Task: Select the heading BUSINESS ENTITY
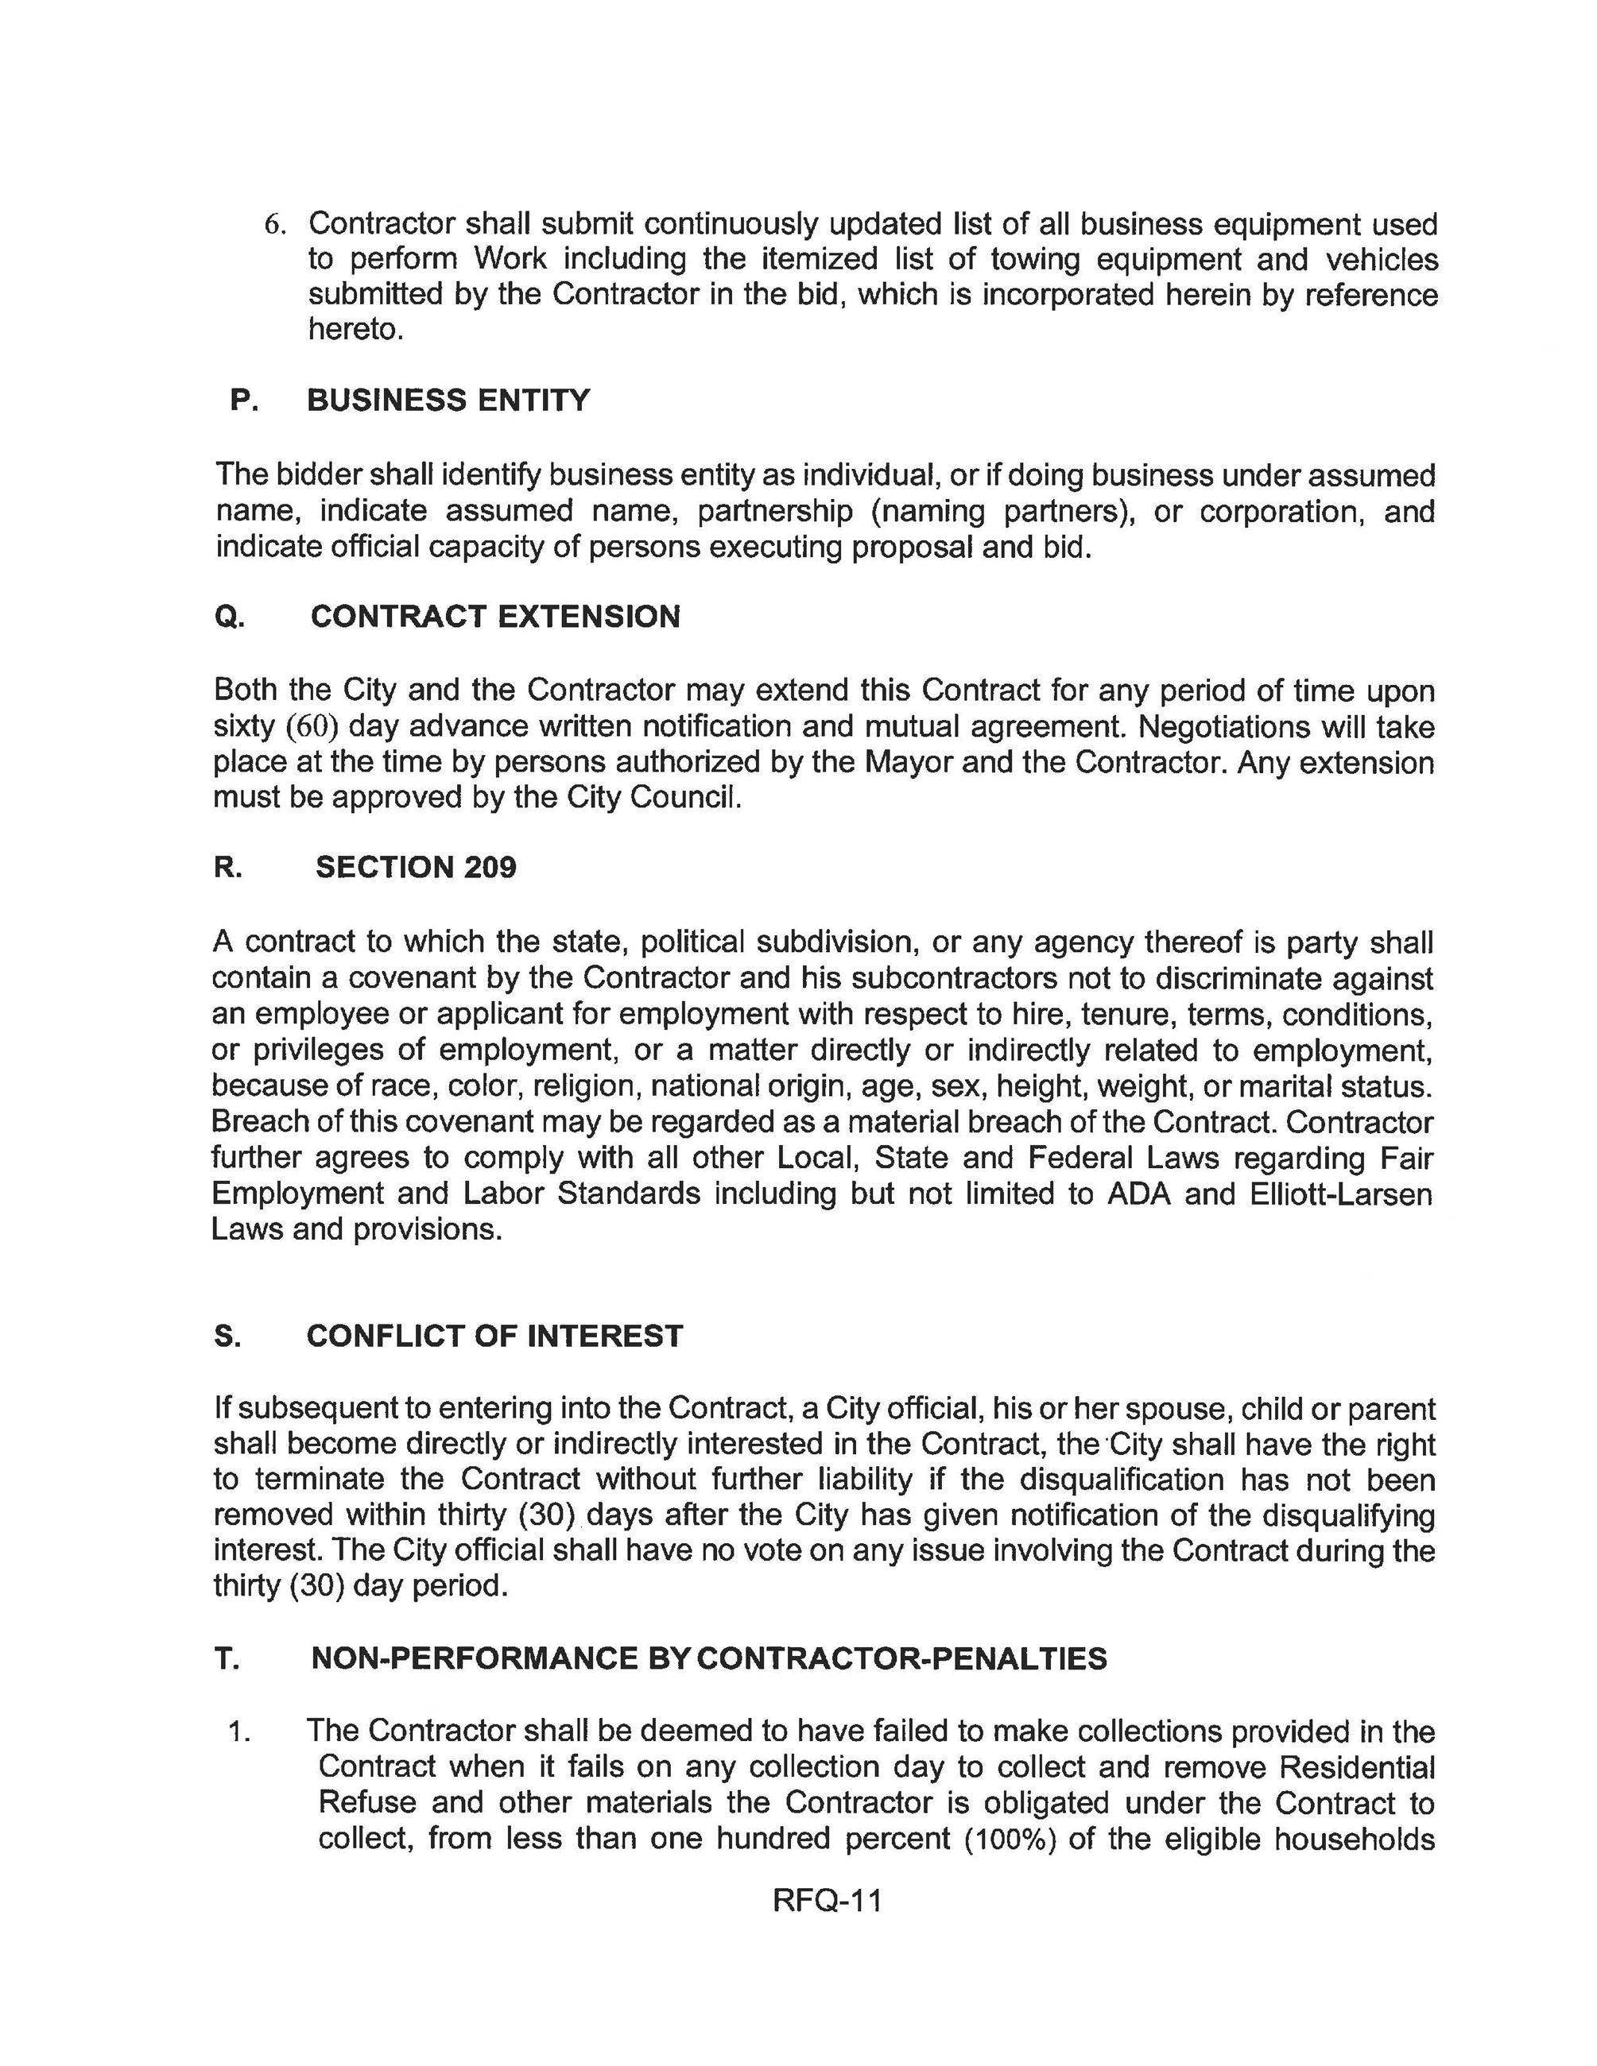point(448,400)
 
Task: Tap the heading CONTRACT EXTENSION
point(494,617)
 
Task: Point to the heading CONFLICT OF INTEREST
point(494,1336)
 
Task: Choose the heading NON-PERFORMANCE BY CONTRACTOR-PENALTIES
point(707,1658)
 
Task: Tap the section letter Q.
point(229,617)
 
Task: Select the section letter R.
point(227,868)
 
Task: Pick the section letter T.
point(226,1658)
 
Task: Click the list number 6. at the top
point(273,225)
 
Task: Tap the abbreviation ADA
point(1138,1194)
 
